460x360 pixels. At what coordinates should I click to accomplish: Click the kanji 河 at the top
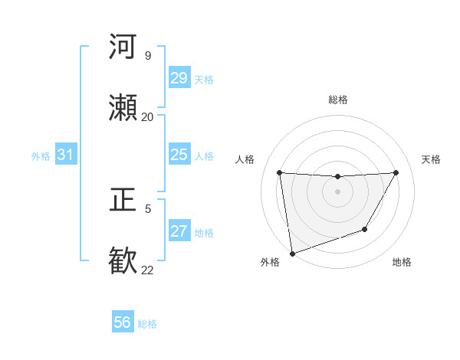tap(123, 47)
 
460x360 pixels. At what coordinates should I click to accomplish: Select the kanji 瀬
tap(123, 108)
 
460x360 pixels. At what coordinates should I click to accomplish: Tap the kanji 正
tap(123, 200)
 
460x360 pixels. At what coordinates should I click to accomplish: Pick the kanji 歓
tap(123, 261)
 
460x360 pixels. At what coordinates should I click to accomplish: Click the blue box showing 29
tap(179, 78)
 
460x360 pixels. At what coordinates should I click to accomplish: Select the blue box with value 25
tap(179, 155)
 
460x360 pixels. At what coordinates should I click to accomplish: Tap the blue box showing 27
tap(179, 232)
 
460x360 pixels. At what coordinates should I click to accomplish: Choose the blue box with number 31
tap(65, 155)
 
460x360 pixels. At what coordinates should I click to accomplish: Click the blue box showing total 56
tap(122, 323)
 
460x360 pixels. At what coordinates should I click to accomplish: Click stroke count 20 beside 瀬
tap(147, 116)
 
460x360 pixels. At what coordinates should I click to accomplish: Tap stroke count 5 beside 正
tap(148, 208)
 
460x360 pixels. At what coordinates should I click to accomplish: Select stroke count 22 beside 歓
tap(147, 270)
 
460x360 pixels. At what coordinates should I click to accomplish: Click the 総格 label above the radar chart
tap(338, 100)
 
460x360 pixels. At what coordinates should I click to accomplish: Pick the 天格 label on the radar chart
tap(432, 159)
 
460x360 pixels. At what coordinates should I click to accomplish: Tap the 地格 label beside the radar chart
tap(402, 262)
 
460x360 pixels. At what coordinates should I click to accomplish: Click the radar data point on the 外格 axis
tap(291, 253)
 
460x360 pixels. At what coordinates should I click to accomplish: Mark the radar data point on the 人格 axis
tap(279, 172)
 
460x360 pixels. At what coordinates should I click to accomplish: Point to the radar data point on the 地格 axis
tap(365, 229)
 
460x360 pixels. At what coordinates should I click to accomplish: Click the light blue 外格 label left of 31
tap(41, 156)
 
